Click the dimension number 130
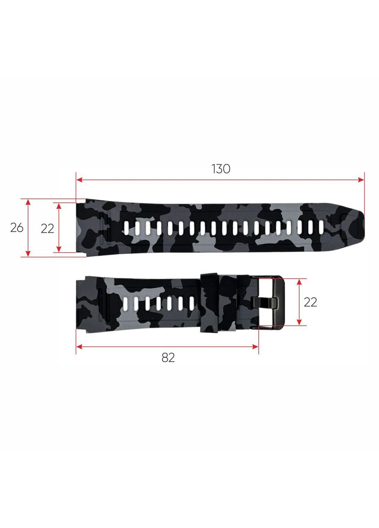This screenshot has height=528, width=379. [221, 169]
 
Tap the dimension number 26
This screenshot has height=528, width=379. [17, 227]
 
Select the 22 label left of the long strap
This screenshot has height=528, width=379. [47, 228]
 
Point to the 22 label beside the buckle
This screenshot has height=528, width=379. [310, 302]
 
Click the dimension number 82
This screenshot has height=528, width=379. [168, 358]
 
